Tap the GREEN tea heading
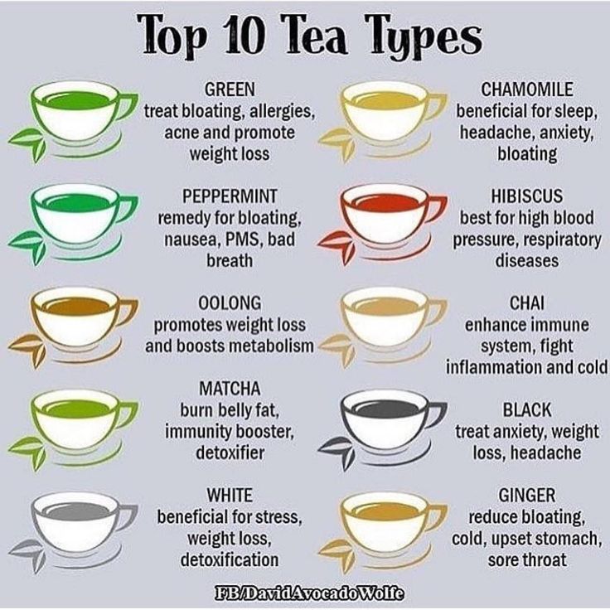(230, 89)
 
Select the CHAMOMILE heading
(527, 89)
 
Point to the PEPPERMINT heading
(230, 196)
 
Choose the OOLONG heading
(230, 303)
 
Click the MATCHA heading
(230, 388)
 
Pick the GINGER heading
(527, 496)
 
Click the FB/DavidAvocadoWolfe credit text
(309, 593)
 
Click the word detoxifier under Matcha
(230, 453)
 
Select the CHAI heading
(527, 303)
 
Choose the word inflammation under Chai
(493, 367)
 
